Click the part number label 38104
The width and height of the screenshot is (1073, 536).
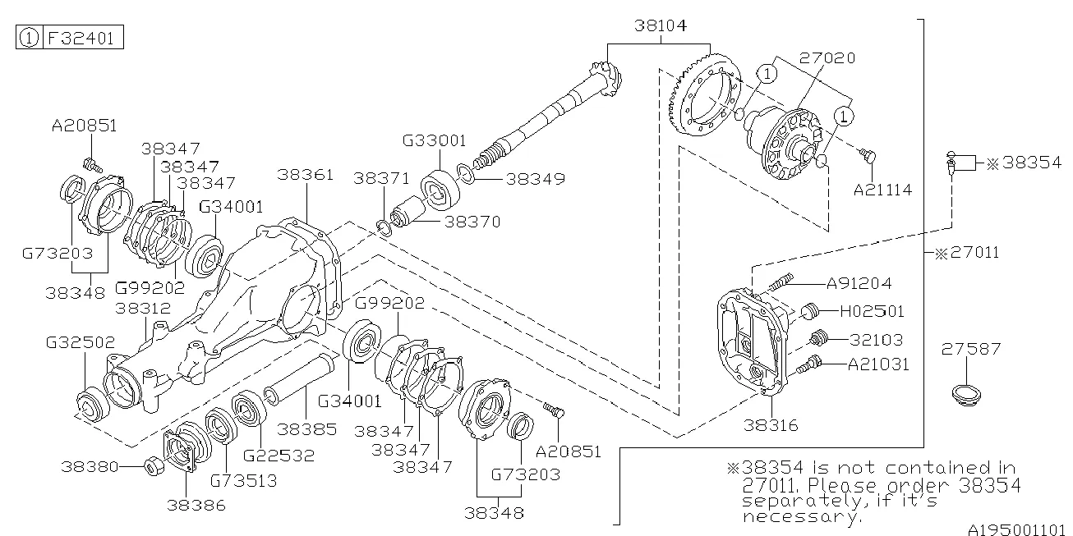point(661,26)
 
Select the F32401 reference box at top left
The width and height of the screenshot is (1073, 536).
point(69,38)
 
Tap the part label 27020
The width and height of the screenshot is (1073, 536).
point(827,58)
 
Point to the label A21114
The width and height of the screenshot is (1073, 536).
point(882,190)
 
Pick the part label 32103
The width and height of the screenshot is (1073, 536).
point(876,339)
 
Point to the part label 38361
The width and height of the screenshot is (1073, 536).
point(305,175)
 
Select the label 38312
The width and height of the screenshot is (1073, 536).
point(142,309)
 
